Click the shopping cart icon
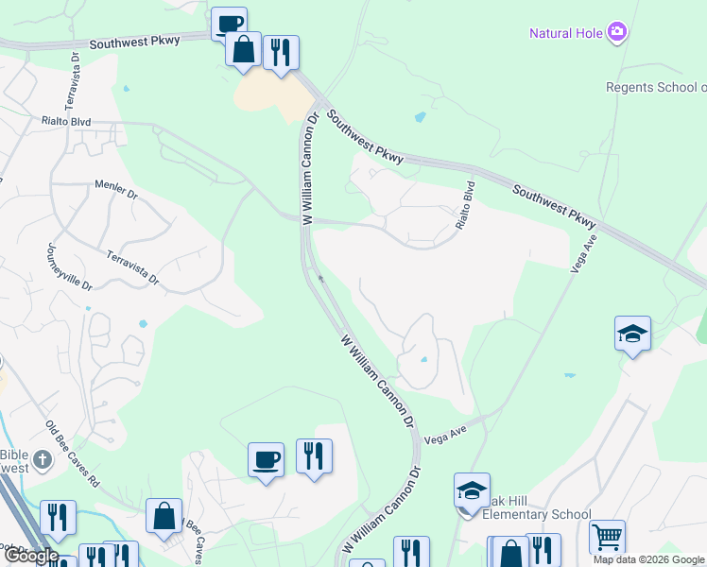click(607, 537)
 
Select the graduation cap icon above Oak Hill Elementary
click(472, 490)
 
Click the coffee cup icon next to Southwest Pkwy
click(228, 24)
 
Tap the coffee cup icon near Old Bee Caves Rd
click(266, 460)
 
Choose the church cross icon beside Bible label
click(42, 460)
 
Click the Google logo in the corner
click(30, 556)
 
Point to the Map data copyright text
click(648, 559)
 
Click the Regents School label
click(655, 88)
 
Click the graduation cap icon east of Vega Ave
click(632, 334)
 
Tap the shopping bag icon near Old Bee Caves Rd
click(164, 516)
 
